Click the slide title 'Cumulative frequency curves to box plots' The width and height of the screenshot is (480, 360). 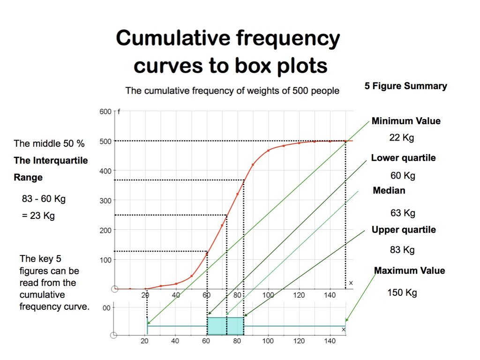[228, 52]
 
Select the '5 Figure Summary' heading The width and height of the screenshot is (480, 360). [405, 86]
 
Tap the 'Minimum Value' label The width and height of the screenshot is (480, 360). [406, 121]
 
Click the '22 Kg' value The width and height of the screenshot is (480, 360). [402, 138]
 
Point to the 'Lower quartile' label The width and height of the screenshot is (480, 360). [403, 158]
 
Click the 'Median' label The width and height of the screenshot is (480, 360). [389, 190]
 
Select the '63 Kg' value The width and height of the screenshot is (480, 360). [403, 213]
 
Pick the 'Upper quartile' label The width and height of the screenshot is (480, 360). [404, 230]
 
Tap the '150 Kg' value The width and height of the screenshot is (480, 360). [402, 293]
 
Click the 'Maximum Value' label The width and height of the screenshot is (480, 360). [409, 270]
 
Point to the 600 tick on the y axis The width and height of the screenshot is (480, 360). [105, 112]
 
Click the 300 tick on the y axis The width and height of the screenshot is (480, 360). [105, 201]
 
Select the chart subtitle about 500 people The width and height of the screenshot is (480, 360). [232, 91]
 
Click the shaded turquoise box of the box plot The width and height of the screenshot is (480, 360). [225, 326]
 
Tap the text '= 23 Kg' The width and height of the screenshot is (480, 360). [38, 216]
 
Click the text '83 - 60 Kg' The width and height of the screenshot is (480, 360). [44, 199]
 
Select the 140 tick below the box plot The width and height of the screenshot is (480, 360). [330, 341]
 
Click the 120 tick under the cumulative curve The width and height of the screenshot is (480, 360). [299, 295]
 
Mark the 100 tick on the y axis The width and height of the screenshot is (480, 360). [105, 260]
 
